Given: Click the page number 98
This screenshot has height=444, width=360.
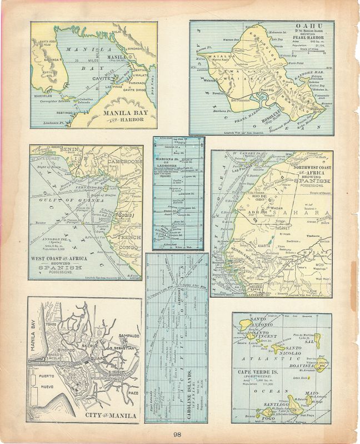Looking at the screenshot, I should tap(176, 435).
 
